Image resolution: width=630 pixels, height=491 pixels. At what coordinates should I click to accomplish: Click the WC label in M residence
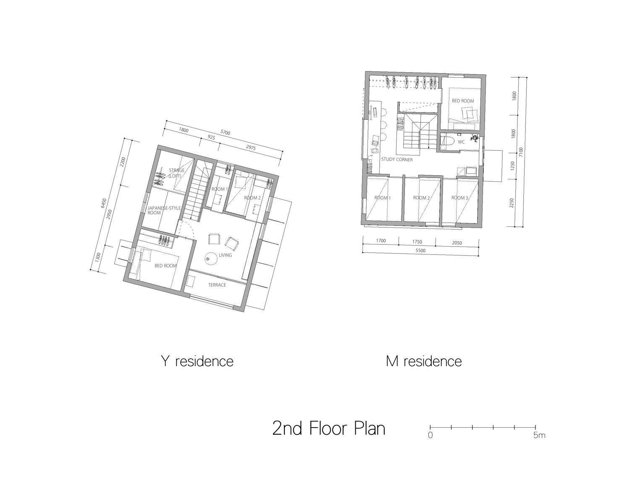[461, 142]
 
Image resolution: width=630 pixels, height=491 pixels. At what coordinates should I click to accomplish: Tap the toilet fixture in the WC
[446, 142]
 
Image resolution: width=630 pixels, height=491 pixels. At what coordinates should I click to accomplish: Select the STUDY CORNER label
[396, 160]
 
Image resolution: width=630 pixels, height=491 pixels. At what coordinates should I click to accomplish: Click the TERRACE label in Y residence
[217, 285]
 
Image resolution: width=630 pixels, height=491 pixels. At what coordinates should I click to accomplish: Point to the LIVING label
[225, 255]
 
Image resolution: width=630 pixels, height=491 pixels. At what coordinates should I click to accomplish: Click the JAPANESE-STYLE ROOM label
[164, 210]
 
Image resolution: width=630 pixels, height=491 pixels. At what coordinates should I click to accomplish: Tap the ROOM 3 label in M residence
[459, 198]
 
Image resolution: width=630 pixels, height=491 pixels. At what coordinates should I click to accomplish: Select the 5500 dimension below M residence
[420, 251]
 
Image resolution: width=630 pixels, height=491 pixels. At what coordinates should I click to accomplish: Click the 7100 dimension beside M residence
[521, 152]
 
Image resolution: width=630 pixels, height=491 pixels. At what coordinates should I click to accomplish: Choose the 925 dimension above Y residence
[211, 137]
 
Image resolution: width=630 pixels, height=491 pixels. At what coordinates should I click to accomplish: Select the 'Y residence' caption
[197, 361]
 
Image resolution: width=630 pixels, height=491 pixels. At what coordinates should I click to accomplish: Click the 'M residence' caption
[424, 361]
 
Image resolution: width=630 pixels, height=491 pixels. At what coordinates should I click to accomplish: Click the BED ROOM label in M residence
[463, 101]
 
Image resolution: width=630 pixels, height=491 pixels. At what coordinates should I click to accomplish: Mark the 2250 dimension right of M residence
[512, 203]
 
